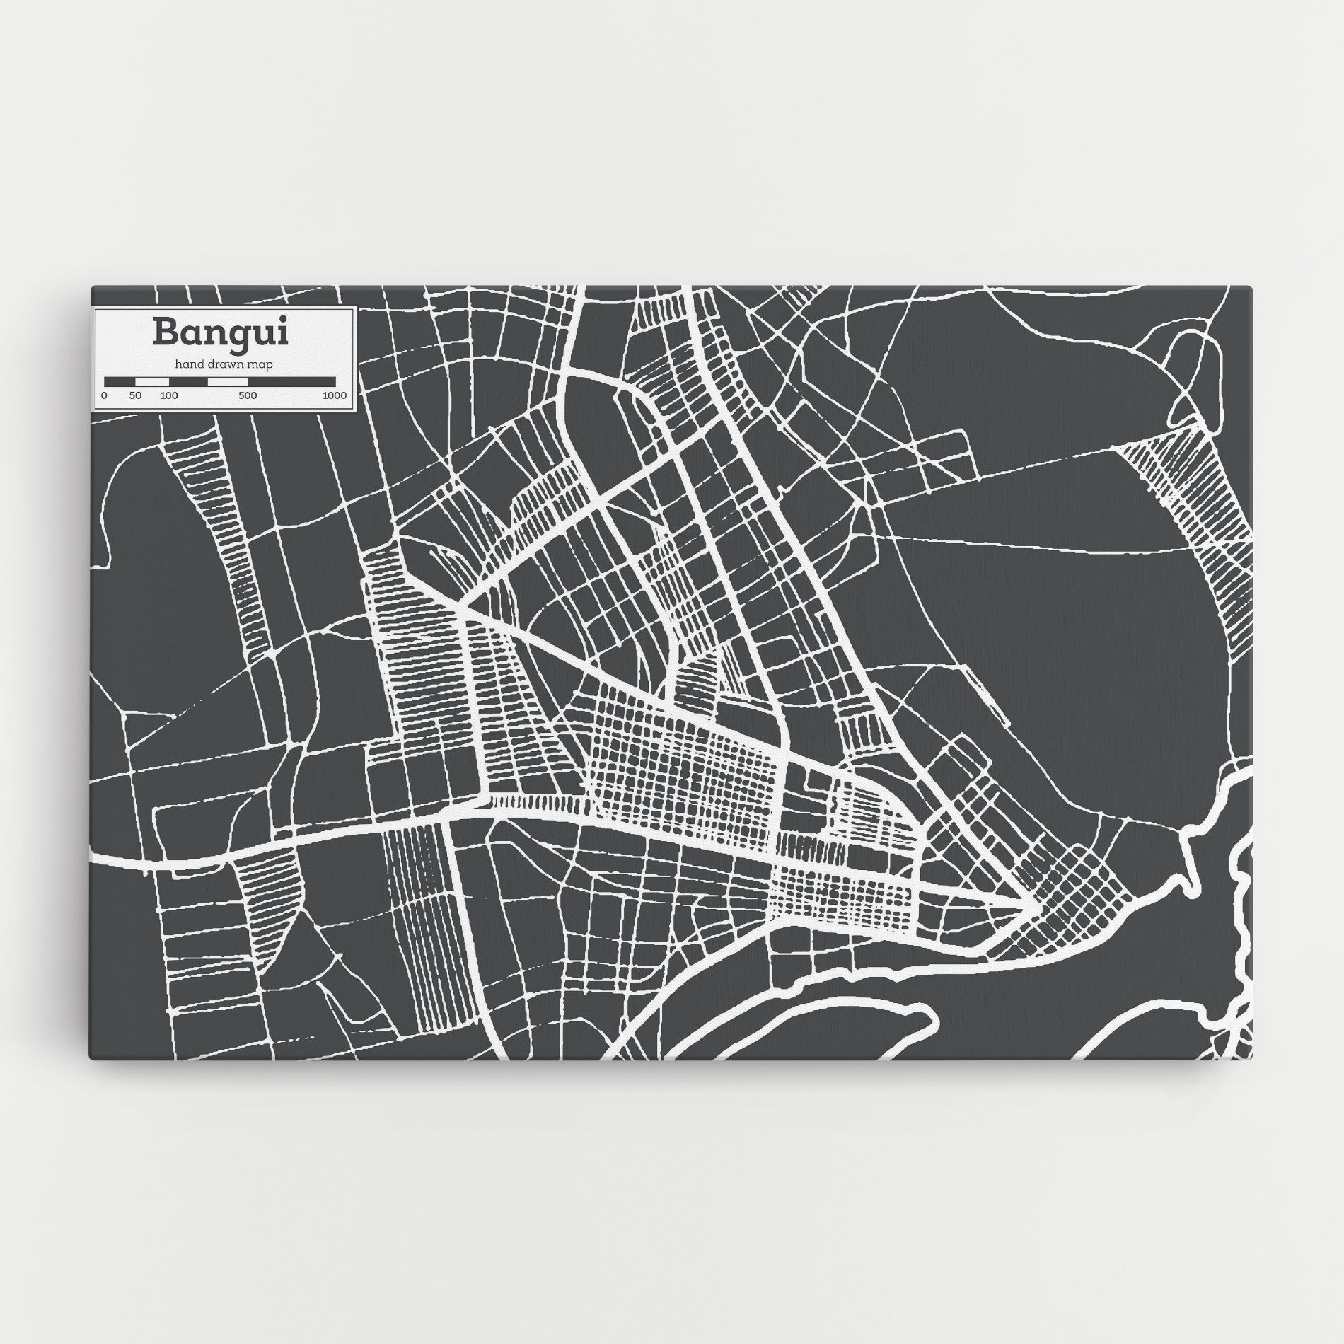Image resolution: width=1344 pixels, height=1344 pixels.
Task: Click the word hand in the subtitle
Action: point(188,364)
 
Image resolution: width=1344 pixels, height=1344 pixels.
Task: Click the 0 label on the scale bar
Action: point(104,395)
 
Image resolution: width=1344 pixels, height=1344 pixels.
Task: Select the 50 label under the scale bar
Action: point(136,395)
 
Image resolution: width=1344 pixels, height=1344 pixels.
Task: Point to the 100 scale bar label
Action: point(168,395)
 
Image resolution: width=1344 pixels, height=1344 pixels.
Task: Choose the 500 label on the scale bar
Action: point(247,395)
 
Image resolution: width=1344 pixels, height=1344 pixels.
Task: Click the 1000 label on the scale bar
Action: point(335,395)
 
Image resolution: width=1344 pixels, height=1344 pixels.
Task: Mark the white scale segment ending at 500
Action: point(227,382)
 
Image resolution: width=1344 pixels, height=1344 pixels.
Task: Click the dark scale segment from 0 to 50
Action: point(120,382)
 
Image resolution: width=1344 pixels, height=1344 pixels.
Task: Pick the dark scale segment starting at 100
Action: point(187,382)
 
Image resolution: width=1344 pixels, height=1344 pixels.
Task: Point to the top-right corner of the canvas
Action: point(1252,286)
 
